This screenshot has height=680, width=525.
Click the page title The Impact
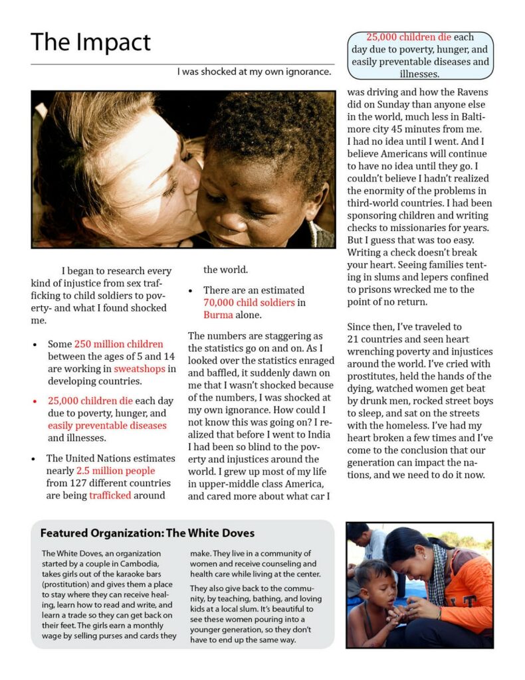(91, 42)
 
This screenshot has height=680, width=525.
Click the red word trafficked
(110, 495)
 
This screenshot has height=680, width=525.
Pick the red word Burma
(218, 315)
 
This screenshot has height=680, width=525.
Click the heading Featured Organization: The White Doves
(147, 533)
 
